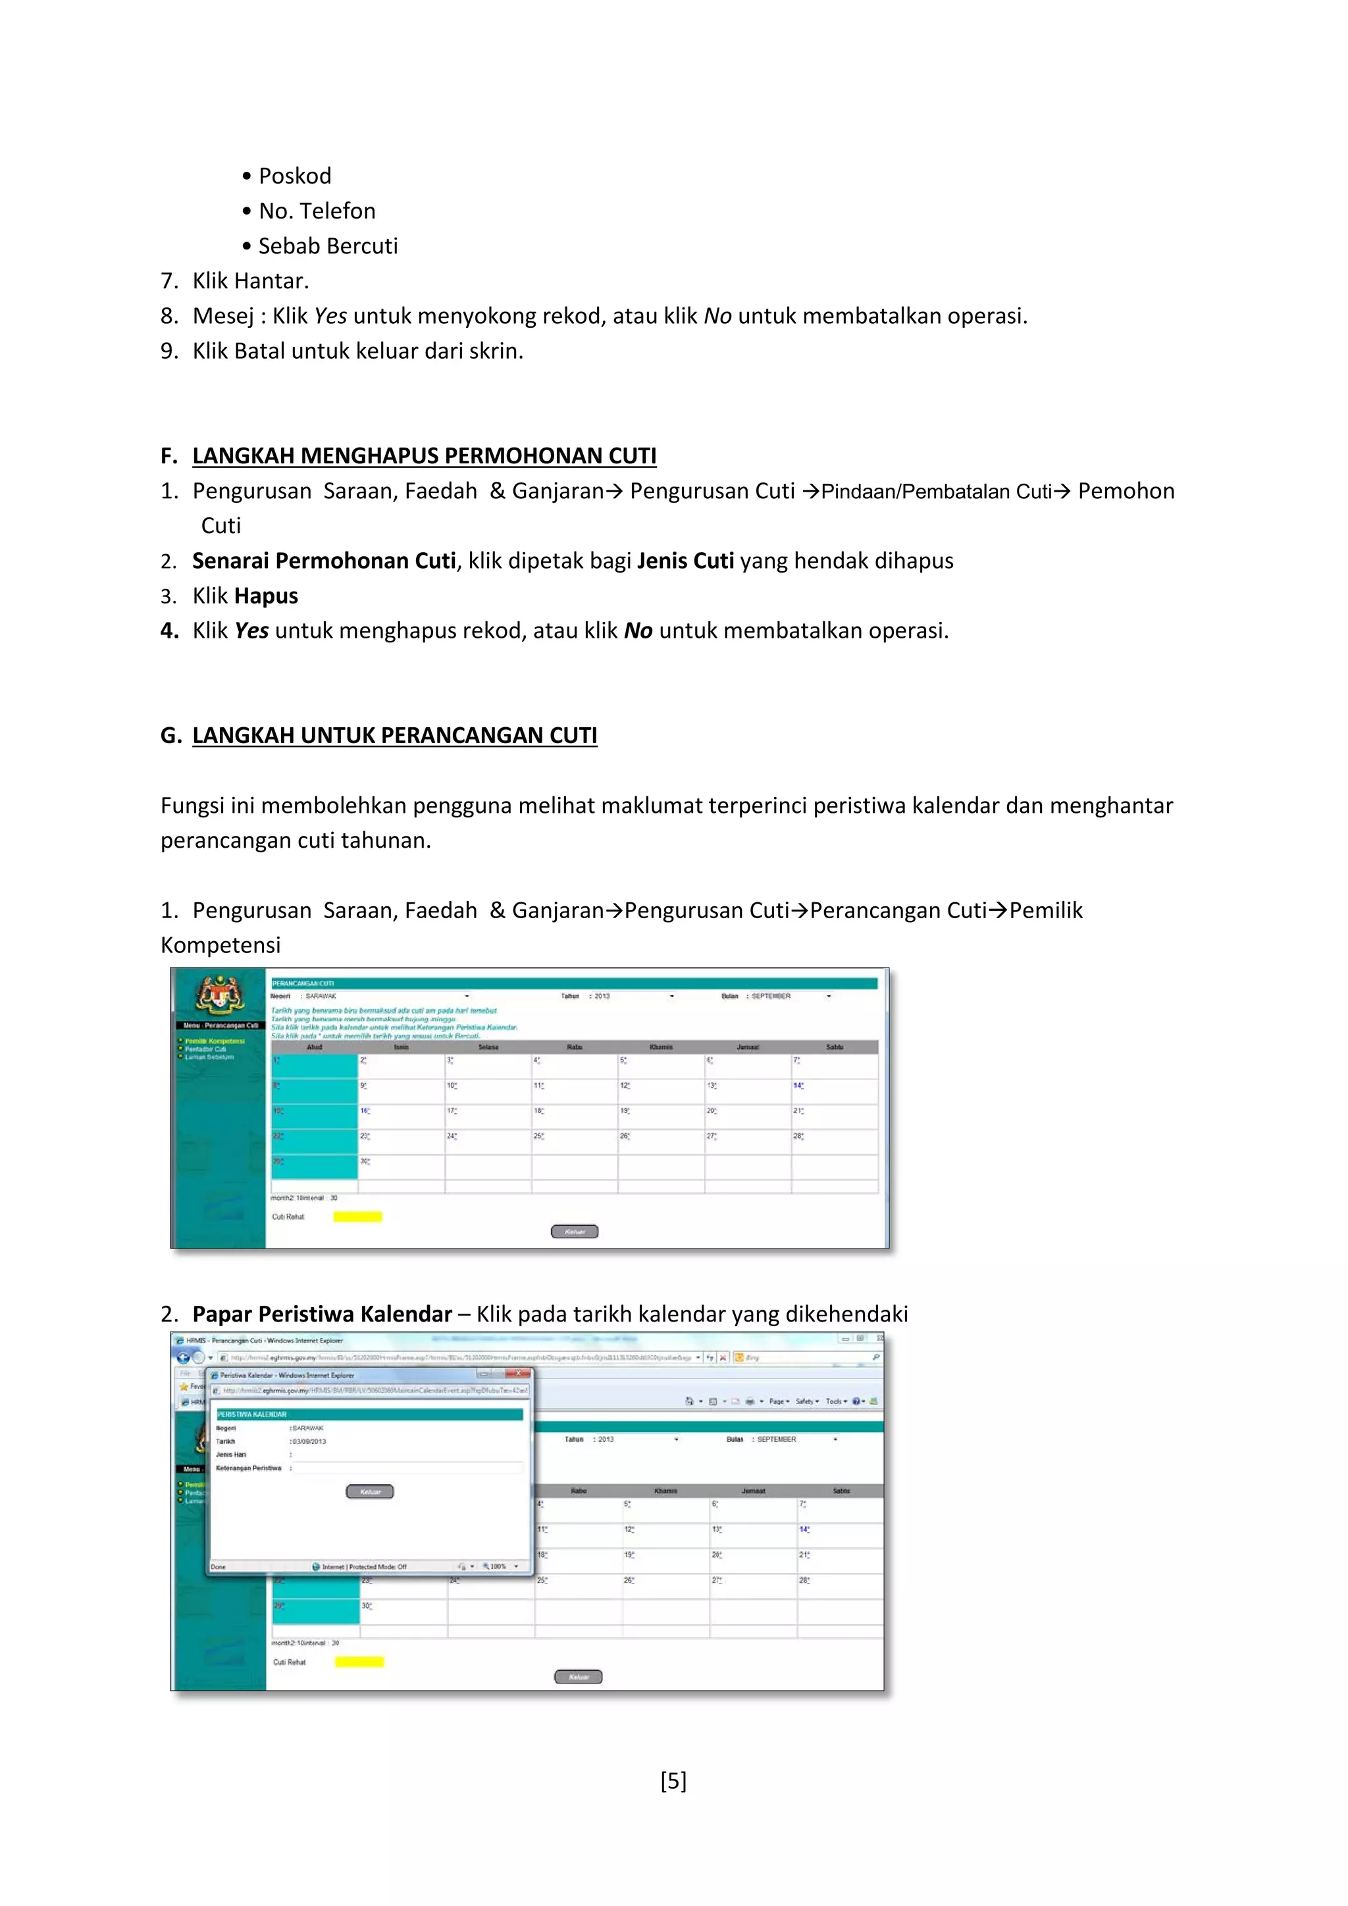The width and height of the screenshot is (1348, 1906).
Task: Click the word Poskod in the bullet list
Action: [x=295, y=176]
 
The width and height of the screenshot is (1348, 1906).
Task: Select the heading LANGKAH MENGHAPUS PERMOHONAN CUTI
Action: [x=423, y=455]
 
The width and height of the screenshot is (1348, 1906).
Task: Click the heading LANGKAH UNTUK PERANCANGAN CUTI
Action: [x=394, y=736]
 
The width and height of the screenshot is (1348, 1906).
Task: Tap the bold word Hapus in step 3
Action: [x=266, y=596]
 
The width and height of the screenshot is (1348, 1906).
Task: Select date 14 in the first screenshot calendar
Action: [x=798, y=1086]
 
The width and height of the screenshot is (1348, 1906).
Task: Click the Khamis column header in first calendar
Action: [x=661, y=1048]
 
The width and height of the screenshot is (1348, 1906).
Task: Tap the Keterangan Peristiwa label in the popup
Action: [x=248, y=1468]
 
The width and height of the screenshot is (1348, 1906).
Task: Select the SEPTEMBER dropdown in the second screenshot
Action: [x=795, y=1439]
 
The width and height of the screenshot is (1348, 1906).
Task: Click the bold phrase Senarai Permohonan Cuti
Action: [x=324, y=561]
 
